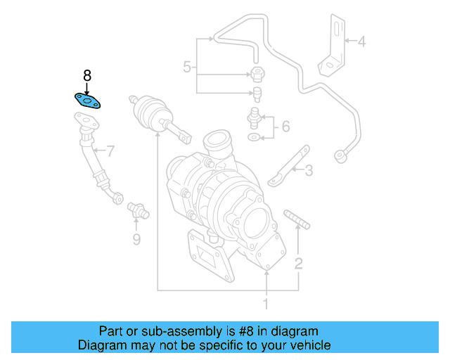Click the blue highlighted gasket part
coord(87,102)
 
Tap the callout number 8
coord(87,75)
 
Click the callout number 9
coord(136,240)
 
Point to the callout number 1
coord(266,304)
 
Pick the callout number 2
coord(299,264)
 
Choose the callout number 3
coord(308,169)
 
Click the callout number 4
coord(361,42)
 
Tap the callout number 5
coord(187,67)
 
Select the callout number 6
coord(285,127)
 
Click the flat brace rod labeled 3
coord(287,167)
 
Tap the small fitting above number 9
coord(136,210)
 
